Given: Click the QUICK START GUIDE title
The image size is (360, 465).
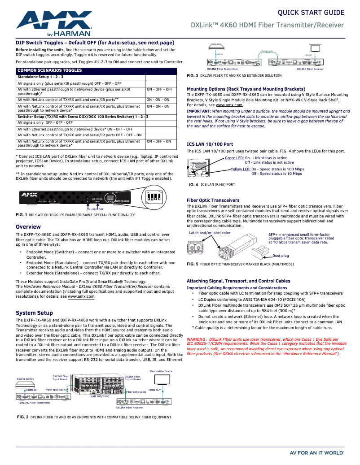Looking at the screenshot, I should click(x=311, y=13).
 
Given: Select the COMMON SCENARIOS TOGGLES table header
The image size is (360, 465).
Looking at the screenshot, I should click(x=50, y=70).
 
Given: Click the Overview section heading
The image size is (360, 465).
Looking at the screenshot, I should click(x=28, y=227).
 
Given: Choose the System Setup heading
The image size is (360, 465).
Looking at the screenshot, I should click(x=35, y=313).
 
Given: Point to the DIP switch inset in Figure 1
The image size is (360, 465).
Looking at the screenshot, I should click(x=155, y=198).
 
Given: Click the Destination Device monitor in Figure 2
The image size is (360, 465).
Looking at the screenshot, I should click(x=161, y=379).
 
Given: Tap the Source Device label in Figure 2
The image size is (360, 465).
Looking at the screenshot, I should click(x=26, y=379).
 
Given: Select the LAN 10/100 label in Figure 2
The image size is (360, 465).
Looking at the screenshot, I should click(x=100, y=396).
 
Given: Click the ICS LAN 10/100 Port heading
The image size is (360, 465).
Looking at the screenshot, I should click(x=210, y=144).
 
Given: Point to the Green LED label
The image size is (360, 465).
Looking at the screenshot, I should click(x=234, y=158).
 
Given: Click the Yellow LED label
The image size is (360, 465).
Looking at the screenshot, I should click(x=241, y=169).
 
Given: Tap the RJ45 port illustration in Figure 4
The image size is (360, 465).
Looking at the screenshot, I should click(x=197, y=168).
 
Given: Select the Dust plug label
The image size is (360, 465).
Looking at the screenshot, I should click(x=281, y=256).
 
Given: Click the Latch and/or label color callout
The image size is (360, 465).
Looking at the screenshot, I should click(x=210, y=233).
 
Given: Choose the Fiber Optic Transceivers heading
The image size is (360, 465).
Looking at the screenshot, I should click(x=213, y=200).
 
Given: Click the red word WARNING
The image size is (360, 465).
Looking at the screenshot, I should click(x=196, y=339).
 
